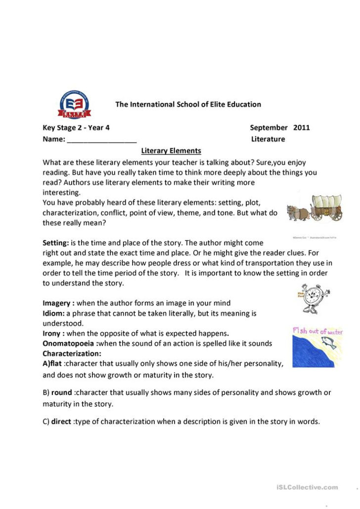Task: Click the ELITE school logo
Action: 74,104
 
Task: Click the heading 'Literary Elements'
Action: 171,151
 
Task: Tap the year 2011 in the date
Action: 302,127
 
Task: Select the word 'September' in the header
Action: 269,127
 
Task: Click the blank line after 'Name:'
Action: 101,139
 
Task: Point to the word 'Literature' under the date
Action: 268,139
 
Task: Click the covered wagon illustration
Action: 326,207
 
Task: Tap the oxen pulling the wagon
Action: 298,211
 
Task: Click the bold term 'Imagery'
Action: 57,303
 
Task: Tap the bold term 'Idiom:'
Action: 53,313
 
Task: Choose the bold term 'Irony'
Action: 52,334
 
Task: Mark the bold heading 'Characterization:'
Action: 72,353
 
